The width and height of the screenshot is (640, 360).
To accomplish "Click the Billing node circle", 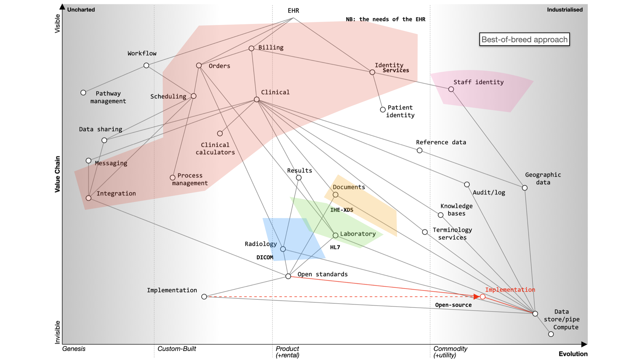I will pos(251,48).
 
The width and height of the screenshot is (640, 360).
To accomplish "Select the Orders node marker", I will pos(199,65).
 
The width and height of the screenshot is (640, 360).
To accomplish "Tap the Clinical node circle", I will pos(257,99).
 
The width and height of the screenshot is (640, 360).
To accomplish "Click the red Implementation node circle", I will pos(483,297).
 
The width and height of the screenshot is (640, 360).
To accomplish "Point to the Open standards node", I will pos(288,276).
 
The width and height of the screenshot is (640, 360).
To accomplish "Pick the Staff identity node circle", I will pos(451,89).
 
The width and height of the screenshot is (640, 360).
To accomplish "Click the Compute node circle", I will pos(551,334).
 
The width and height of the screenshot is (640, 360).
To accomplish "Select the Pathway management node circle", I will pos(83,93).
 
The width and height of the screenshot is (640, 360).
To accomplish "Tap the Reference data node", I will pos(420,151).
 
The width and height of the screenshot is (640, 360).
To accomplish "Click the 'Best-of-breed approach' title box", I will pos(524,40).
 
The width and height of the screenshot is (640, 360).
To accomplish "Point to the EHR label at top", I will pos(293,11).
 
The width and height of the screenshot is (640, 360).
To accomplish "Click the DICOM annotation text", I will pos(265,257).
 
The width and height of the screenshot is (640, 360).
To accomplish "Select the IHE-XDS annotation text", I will pos(342,210).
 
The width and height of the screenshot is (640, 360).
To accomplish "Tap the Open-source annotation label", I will pos(453,305).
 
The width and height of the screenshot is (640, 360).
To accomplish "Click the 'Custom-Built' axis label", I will pos(177,349).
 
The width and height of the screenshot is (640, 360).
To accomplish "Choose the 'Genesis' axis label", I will pos(74,349).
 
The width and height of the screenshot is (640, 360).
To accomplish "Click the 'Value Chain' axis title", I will pos(57,174).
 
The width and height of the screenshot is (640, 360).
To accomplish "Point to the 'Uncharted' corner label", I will pos(81,10).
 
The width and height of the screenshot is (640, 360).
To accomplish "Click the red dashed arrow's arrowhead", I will pos(477,297).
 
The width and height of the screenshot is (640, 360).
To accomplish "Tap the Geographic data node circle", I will pos(525,188).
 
